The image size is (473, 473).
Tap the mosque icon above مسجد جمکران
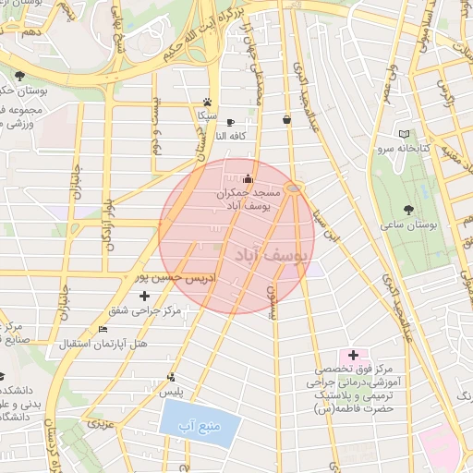[x=248, y=179]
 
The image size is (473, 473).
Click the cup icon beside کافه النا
[x=230, y=122]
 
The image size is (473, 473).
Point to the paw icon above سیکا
[x=208, y=103]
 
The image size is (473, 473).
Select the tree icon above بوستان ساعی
[x=409, y=210]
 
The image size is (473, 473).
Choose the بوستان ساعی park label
[x=407, y=224]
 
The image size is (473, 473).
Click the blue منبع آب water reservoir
[x=200, y=424]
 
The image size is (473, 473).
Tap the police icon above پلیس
[x=171, y=377]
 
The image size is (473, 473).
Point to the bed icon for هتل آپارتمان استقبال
[x=103, y=330]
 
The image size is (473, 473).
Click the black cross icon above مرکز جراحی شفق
[x=143, y=296]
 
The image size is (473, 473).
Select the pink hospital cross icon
[x=353, y=355]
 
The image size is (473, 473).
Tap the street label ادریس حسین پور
[x=168, y=277]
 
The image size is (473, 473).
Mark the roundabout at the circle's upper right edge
[x=294, y=188]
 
